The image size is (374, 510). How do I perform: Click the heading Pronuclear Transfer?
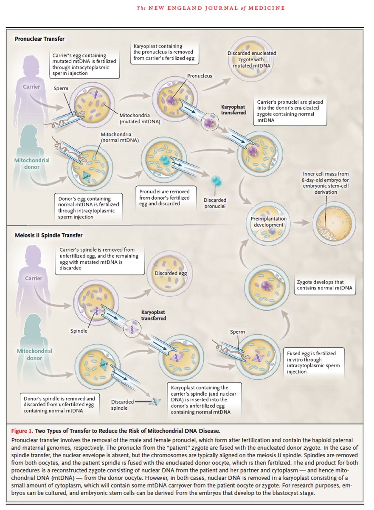coord(39,39)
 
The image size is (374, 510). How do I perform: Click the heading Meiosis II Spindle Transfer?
coord(48,235)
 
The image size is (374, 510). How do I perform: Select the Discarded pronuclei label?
coord(215,203)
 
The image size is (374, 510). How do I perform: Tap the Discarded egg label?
coord(171,273)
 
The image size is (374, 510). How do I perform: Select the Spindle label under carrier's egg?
coord(79,330)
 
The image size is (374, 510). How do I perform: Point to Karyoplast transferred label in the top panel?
coord(233,110)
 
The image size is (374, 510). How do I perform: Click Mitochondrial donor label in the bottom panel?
coord(34,354)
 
